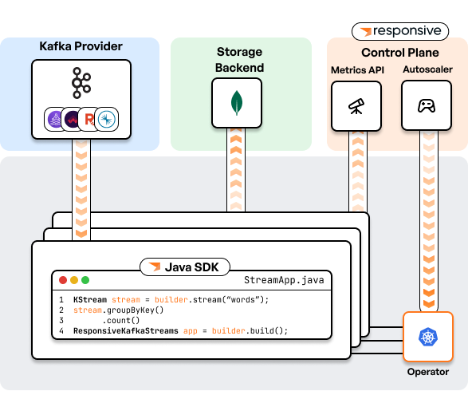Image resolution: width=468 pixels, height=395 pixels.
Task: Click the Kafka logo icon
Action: click(81, 83)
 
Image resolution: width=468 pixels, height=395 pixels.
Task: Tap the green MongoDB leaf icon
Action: click(237, 103)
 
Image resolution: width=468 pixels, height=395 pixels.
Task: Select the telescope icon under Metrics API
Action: click(356, 106)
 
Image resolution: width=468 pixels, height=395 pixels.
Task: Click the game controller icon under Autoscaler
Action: click(427, 106)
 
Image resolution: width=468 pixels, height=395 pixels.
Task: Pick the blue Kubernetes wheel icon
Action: click(428, 337)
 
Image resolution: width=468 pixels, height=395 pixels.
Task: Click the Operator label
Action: click(428, 372)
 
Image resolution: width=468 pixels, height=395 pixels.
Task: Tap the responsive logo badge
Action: click(400, 31)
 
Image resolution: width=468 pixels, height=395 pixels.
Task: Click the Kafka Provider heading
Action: click(81, 46)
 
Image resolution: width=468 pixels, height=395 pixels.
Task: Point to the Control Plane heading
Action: click(400, 53)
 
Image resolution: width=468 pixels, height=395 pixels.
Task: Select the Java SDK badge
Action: click(185, 267)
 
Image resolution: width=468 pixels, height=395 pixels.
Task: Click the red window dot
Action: click(63, 280)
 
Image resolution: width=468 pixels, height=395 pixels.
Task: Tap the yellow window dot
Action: click(74, 280)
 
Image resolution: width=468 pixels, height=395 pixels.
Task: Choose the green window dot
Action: click(85, 280)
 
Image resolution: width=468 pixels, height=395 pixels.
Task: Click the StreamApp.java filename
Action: click(284, 280)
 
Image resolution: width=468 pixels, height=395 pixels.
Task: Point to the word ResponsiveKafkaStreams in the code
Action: click(126, 330)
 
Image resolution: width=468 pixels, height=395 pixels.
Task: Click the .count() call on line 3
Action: click(121, 320)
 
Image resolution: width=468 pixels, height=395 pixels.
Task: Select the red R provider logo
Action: click(89, 119)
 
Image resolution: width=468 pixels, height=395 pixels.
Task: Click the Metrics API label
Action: click(357, 70)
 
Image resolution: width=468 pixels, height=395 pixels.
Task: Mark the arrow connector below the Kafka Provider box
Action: click(81, 189)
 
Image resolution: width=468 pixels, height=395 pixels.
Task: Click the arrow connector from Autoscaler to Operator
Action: click(429, 221)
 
